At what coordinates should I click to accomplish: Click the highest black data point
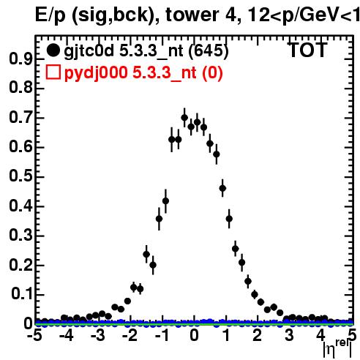(x=184, y=118)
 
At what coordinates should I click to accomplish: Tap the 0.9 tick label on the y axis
(x=20, y=59)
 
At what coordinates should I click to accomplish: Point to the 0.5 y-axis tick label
(x=20, y=176)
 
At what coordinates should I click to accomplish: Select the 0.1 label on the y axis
(x=21, y=294)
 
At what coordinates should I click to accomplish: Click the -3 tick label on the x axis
(x=98, y=335)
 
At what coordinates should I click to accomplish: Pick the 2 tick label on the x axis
(x=257, y=335)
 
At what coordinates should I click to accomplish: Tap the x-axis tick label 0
(x=194, y=335)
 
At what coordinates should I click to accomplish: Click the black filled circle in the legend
(x=53, y=50)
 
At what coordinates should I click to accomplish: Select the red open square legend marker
(x=53, y=72)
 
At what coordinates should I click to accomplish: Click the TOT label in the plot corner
(x=308, y=50)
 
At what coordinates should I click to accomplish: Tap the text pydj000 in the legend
(x=96, y=73)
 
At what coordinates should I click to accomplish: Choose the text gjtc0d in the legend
(x=89, y=51)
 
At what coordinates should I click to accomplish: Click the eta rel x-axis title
(x=337, y=349)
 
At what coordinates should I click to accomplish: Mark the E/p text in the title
(x=50, y=16)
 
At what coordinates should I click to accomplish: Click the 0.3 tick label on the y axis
(x=20, y=235)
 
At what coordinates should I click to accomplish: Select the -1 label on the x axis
(x=162, y=335)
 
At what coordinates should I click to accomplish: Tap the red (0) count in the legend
(x=212, y=72)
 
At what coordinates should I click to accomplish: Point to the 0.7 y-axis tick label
(x=20, y=118)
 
